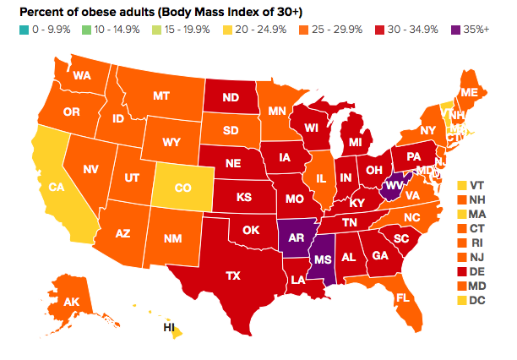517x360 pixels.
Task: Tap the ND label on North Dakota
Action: (x=230, y=97)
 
